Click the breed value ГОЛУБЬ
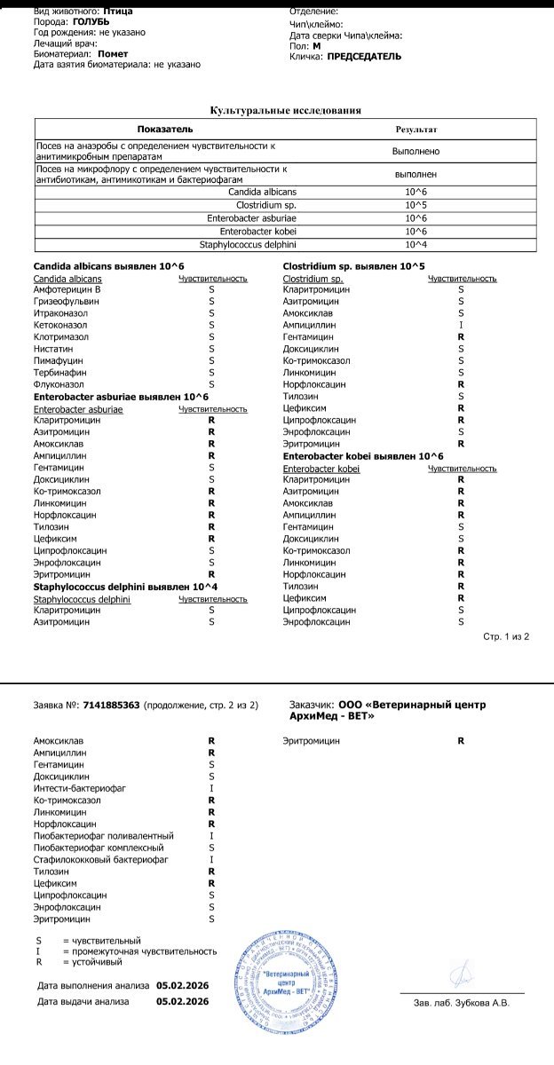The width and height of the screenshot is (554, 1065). [x=91, y=21]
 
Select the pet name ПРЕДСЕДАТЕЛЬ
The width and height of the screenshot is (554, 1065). [x=364, y=57]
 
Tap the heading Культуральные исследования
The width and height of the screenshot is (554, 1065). [x=285, y=110]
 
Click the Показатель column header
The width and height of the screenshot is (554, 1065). [x=165, y=130]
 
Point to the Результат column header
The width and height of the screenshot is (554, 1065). [x=415, y=130]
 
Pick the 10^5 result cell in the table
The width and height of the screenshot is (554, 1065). [x=415, y=205]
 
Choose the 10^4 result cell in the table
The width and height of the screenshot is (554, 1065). [x=415, y=245]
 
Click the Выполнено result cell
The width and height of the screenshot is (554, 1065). [x=415, y=151]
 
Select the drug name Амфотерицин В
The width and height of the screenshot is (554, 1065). [x=67, y=290]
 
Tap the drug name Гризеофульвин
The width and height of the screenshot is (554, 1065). [x=67, y=302]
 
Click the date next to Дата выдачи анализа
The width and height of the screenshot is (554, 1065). [x=182, y=1001]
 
